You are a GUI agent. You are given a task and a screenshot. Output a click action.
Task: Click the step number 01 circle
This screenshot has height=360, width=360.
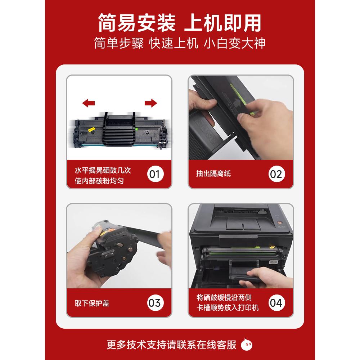click(154, 174)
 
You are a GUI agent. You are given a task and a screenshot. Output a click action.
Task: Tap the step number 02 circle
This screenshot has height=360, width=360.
click(276, 174)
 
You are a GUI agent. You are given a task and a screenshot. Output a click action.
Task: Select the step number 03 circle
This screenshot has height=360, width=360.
click(154, 302)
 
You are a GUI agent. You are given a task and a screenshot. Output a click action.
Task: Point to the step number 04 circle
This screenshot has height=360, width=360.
click(276, 302)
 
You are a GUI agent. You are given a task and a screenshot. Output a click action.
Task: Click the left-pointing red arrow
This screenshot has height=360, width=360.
click(88, 104)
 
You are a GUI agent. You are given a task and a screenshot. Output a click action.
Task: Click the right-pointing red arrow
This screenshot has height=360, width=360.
click(151, 104)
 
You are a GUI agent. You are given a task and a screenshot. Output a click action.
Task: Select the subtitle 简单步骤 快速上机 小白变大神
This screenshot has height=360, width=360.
click(180, 43)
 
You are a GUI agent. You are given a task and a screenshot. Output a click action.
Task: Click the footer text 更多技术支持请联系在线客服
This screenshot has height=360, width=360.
click(172, 345)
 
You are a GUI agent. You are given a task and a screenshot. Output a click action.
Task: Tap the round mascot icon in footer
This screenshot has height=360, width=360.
click(247, 345)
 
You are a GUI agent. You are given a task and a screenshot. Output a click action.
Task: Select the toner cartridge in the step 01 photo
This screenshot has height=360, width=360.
click(119, 131)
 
